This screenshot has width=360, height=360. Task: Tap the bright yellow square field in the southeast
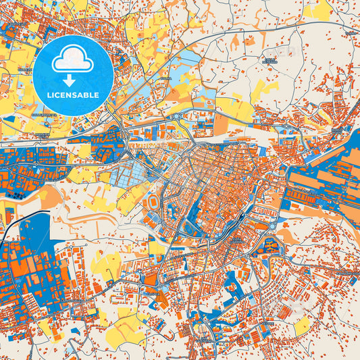(x=301, y=325)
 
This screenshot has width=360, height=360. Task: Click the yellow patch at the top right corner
(x=317, y=9)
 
